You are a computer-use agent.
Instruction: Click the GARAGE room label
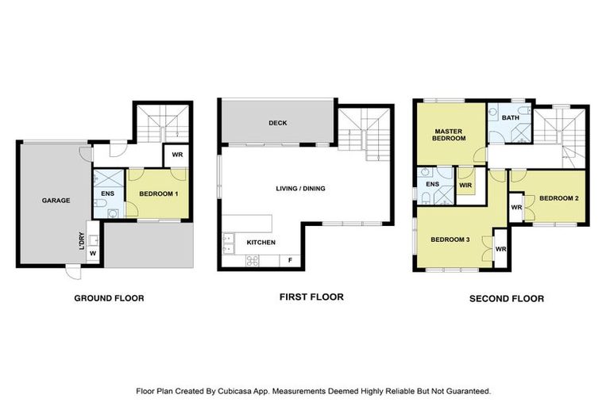[x=56, y=201]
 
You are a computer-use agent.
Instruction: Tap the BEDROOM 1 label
[x=158, y=193]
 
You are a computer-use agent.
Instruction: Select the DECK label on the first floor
[x=277, y=123]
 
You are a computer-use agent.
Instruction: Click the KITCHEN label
[x=261, y=242]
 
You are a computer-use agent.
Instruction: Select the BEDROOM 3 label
[x=450, y=239]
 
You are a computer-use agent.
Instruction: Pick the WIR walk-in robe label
[x=466, y=186]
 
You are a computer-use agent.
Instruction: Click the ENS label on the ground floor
[x=106, y=191]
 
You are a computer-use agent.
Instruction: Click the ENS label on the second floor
[x=432, y=185]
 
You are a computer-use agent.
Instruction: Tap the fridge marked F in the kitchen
[x=290, y=260]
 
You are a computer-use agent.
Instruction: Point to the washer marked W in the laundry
[x=92, y=254]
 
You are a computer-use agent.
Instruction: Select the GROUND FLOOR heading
[x=109, y=298]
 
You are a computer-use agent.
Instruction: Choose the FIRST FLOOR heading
[x=311, y=297]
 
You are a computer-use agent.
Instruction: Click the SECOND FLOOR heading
[x=506, y=299]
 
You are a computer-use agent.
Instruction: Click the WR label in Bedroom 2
[x=515, y=208]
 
